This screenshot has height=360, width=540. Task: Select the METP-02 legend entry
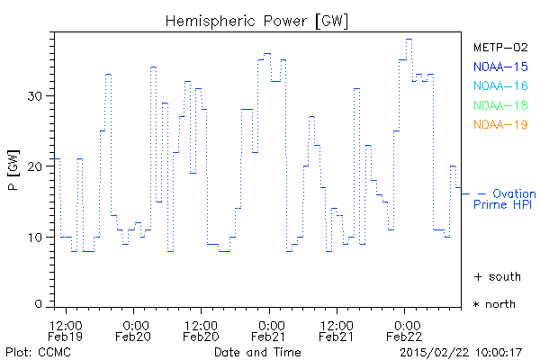tap(500, 48)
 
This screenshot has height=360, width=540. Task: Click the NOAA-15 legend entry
tap(500, 67)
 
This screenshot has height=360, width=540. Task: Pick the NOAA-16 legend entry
tap(500, 85)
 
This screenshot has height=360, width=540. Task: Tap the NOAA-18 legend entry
tap(500, 104)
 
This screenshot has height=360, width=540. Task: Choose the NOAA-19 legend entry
tap(500, 123)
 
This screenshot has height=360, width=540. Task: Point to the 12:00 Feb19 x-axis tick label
tap(67, 329)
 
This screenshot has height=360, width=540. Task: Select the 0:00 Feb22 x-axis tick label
tap(404, 329)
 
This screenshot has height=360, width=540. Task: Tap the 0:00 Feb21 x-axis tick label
tap(269, 329)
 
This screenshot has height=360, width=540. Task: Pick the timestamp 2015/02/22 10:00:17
tap(461, 352)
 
